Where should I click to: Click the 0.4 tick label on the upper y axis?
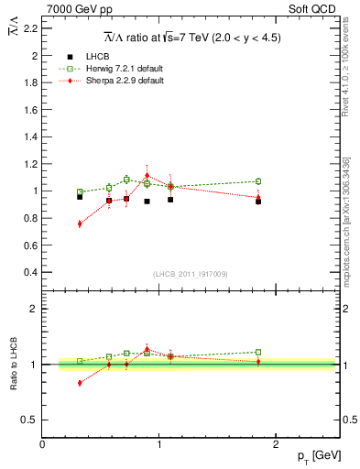(x=29, y=272)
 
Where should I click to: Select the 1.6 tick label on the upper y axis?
(x=29, y=110)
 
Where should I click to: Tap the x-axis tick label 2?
(x=278, y=444)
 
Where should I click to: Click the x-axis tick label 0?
(x=42, y=444)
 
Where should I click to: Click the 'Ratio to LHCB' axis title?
(x=11, y=365)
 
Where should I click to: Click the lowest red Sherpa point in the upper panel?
(x=80, y=224)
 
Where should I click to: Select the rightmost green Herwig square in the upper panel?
(x=258, y=181)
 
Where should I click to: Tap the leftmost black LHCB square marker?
(x=80, y=197)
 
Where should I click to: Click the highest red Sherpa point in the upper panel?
(x=147, y=176)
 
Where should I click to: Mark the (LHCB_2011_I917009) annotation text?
(x=189, y=274)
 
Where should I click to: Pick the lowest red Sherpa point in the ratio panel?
(x=80, y=383)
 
